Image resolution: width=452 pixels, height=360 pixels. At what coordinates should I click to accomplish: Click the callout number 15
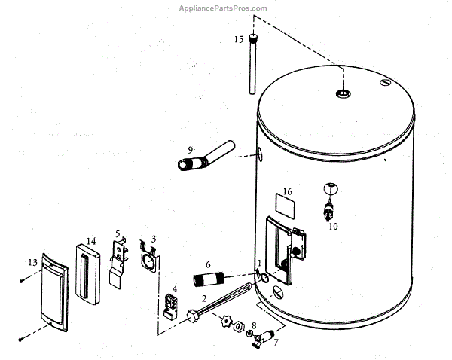pyautogui.click(x=238, y=39)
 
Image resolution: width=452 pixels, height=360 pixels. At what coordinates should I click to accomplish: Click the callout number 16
pyautogui.click(x=287, y=191)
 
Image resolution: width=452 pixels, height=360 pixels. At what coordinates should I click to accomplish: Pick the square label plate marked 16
pyautogui.click(x=283, y=203)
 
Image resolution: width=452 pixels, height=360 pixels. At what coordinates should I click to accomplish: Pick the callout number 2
pyautogui.click(x=203, y=298)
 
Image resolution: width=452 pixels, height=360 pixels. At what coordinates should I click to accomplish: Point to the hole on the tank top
pyautogui.click(x=343, y=94)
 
